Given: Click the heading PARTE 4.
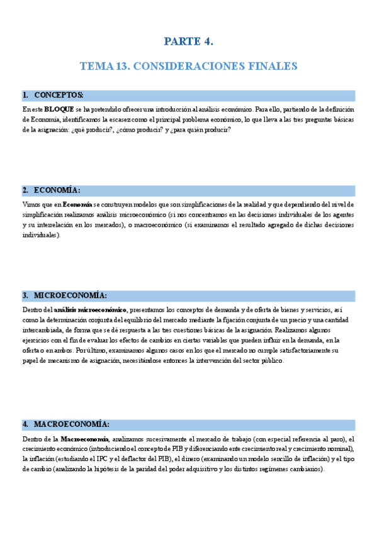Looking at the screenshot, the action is [x=189, y=42].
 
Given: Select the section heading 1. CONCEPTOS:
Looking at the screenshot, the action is [x=53, y=96].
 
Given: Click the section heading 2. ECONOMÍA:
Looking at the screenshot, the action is [x=52, y=191].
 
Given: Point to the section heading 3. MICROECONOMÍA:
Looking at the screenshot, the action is [x=65, y=296].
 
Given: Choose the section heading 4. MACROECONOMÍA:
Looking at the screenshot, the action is [x=66, y=425].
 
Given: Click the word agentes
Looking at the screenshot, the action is [x=342, y=215].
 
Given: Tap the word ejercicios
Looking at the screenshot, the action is [x=35, y=340].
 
